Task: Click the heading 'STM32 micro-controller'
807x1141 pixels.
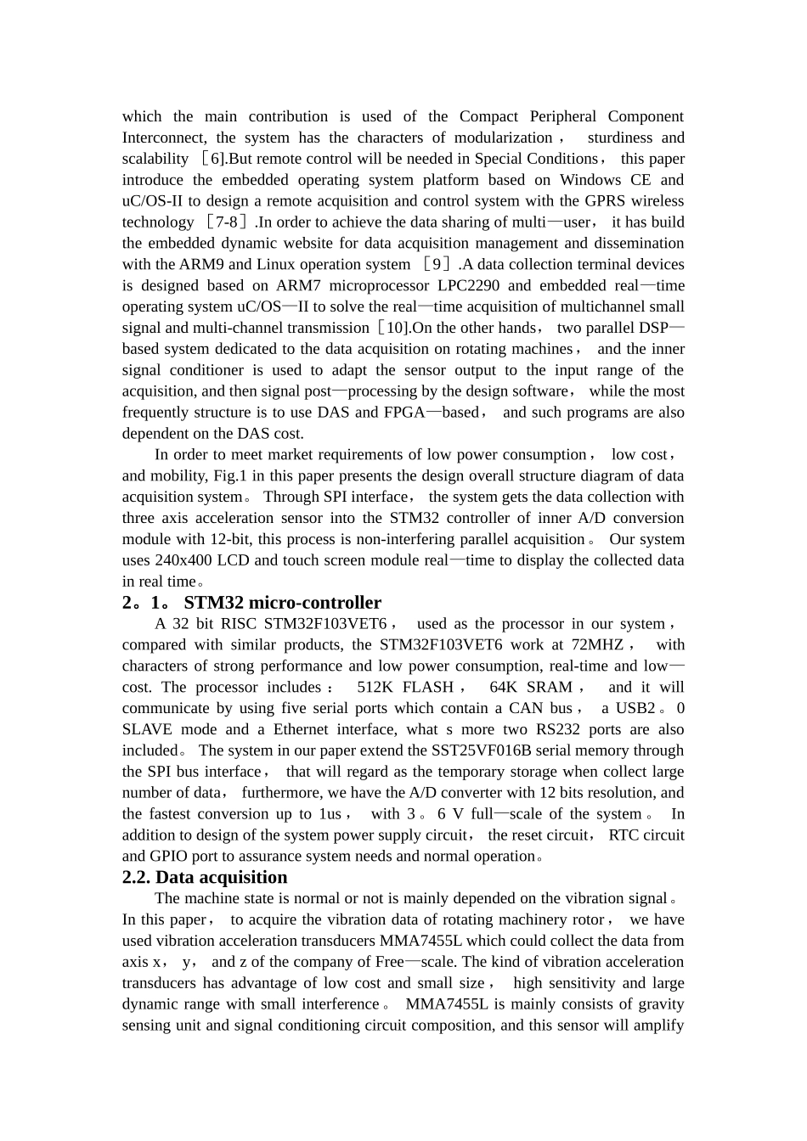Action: click(282, 603)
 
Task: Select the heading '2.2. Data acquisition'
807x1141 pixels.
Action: click(205, 878)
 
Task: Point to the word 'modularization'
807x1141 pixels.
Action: click(503, 138)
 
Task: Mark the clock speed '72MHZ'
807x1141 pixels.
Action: click(594, 645)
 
